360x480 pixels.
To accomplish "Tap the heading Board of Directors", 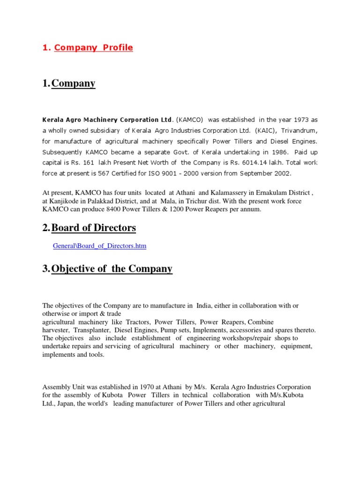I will [94, 228].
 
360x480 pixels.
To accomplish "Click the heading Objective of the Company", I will [112, 269].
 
